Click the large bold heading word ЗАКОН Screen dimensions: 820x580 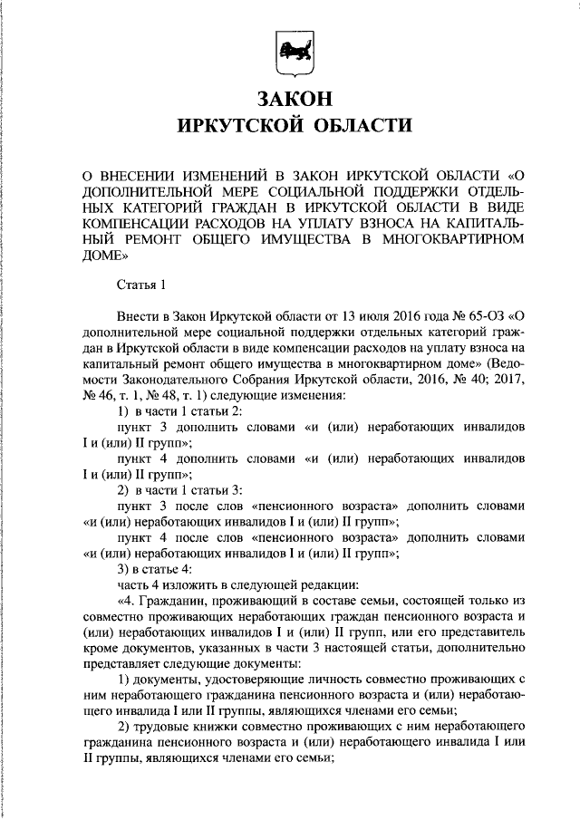click(289, 95)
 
